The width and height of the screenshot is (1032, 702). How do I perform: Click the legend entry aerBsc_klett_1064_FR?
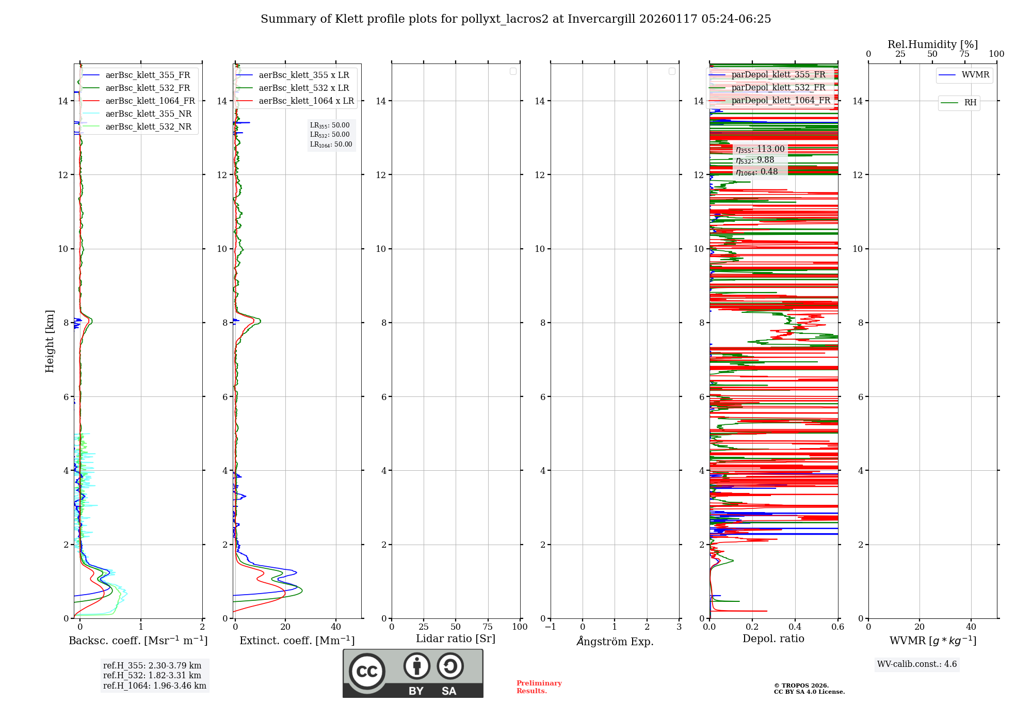(150, 101)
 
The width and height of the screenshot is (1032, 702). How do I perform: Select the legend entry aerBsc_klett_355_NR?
(148, 114)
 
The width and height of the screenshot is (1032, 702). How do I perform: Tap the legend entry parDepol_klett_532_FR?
(778, 88)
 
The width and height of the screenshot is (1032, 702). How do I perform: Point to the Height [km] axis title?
(50, 341)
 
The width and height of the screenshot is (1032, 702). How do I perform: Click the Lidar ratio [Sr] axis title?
(456, 639)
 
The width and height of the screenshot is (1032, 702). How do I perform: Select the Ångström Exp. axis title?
(615, 641)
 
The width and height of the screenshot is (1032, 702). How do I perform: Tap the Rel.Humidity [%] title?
(932, 44)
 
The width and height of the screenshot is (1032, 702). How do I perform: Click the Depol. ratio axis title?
(773, 639)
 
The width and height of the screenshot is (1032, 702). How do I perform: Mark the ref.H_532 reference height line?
(152, 676)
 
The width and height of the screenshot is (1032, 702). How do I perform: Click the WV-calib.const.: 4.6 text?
(917, 664)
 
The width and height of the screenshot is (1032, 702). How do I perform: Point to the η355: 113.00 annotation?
(760, 149)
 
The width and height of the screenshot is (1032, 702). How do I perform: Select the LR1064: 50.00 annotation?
(331, 145)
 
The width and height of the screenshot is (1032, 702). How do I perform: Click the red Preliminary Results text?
(539, 687)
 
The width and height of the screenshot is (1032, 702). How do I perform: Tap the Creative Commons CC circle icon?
(367, 671)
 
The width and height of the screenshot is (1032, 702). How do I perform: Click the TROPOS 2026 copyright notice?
(809, 689)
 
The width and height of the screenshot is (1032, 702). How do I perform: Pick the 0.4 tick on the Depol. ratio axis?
(795, 627)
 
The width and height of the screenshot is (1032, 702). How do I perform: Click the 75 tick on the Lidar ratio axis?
(488, 627)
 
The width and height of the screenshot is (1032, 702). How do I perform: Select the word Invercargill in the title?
(601, 19)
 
